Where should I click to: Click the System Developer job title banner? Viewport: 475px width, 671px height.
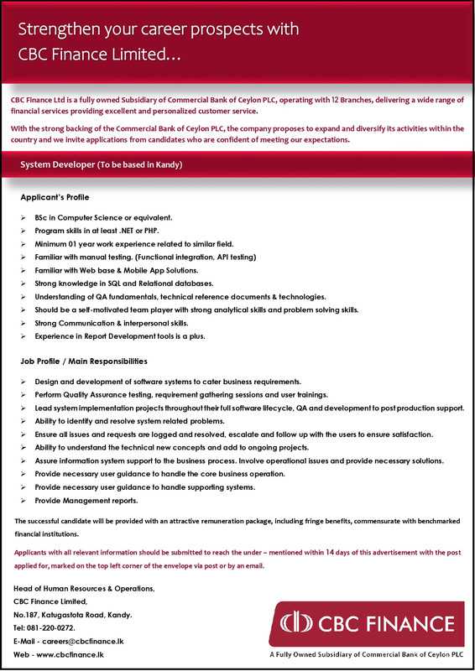coord(101,165)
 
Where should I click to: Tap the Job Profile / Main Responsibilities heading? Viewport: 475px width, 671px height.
coord(84,361)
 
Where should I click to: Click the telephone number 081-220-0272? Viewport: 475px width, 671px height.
coord(63,627)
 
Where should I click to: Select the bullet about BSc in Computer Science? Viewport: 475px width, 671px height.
coord(103,217)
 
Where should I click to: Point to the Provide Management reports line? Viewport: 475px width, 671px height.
coord(86,501)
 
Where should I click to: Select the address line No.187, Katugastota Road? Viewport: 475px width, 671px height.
coord(73,615)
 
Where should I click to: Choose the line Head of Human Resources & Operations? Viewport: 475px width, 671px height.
coord(84,590)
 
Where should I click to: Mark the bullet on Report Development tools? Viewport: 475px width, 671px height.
coord(120,335)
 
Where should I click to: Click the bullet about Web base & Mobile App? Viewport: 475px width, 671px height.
coord(117,269)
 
